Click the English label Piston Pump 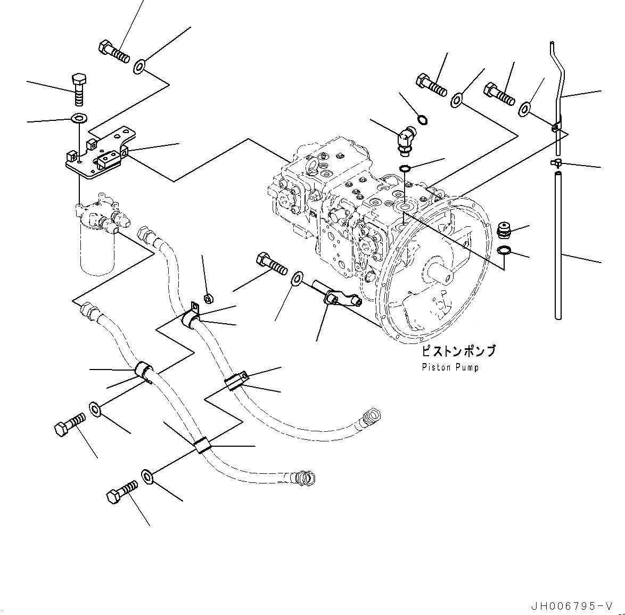[x=450, y=367]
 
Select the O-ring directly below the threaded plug [x=505, y=251]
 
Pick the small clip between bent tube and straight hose [x=556, y=162]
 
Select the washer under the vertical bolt [x=79, y=118]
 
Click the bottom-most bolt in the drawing [x=122, y=492]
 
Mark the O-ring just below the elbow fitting [x=405, y=169]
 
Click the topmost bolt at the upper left [x=114, y=52]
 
